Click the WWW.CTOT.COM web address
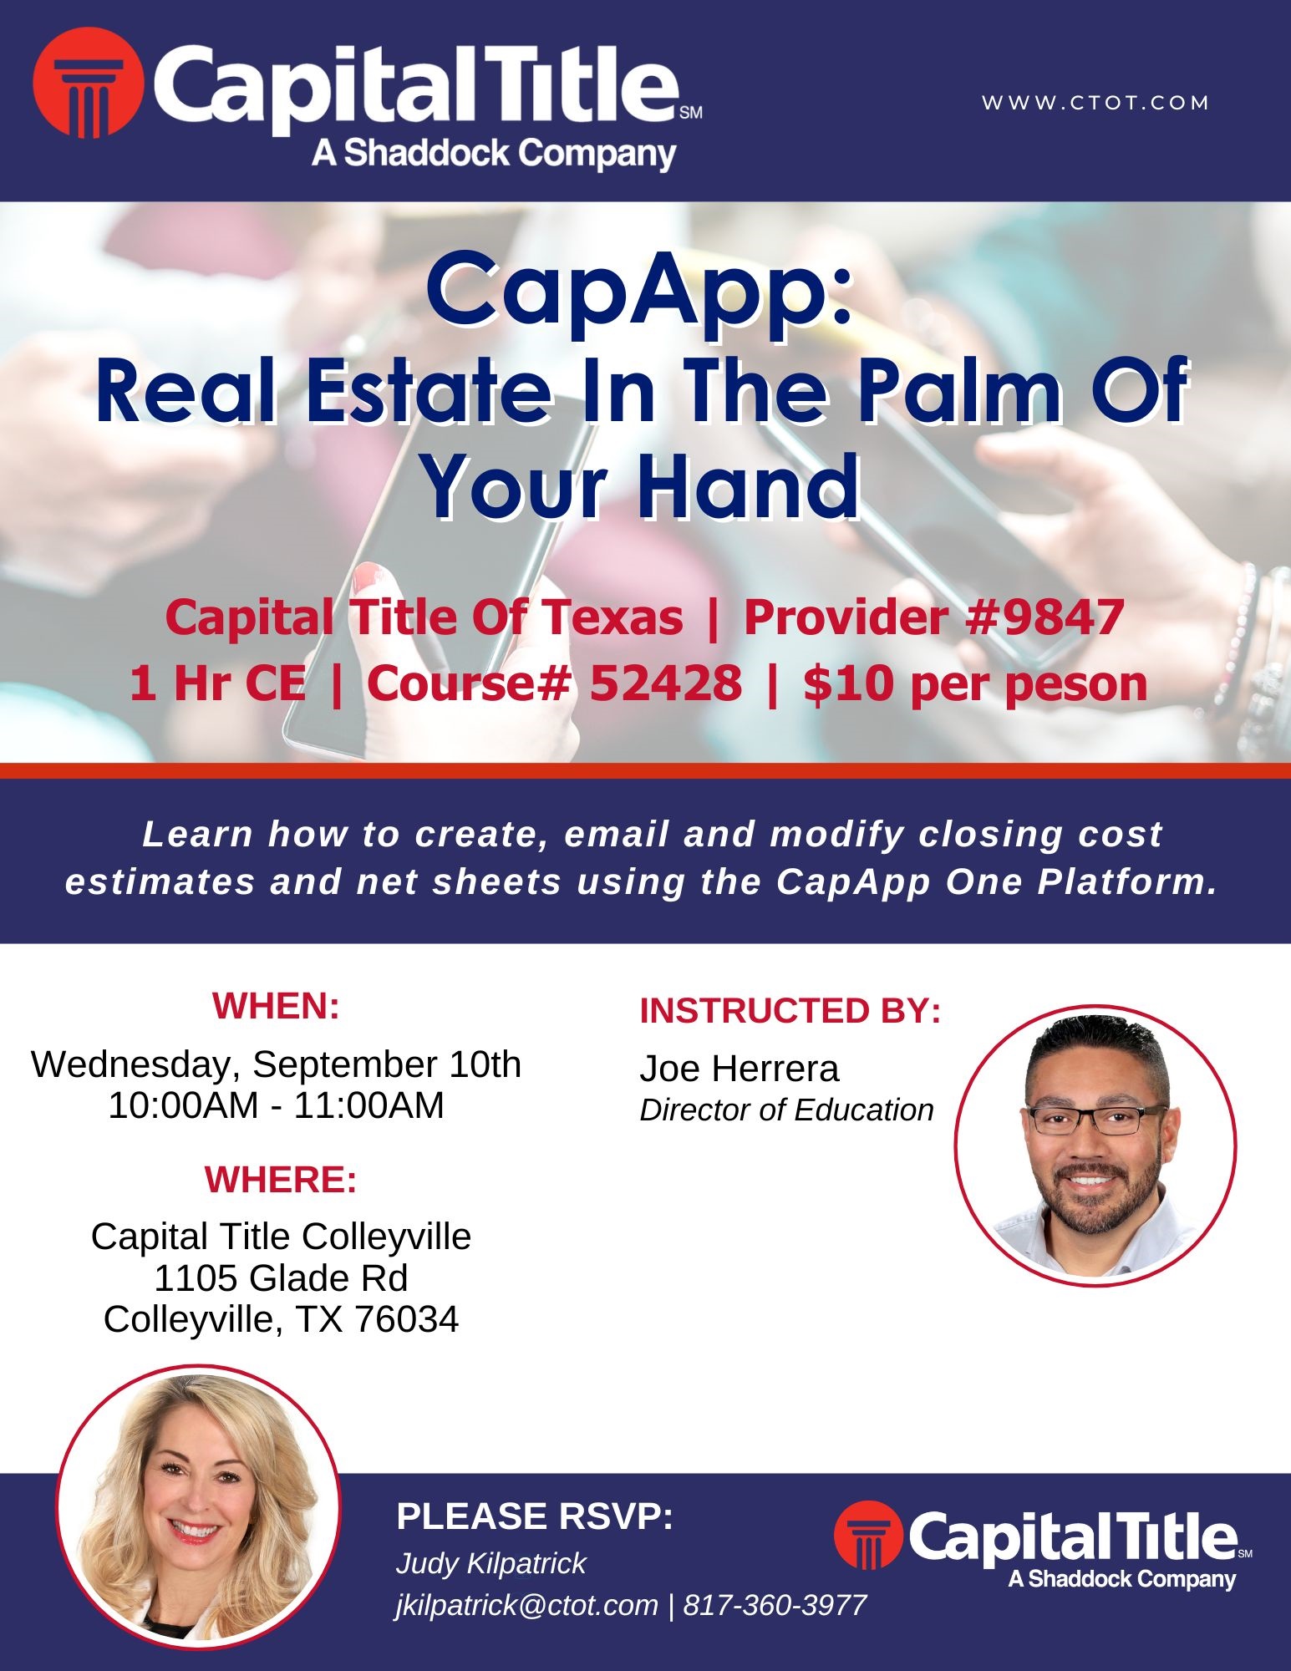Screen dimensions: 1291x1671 [1095, 103]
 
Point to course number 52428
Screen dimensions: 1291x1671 [666, 683]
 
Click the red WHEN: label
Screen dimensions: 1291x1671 [277, 1006]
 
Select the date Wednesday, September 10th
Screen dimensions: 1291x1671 [277, 1064]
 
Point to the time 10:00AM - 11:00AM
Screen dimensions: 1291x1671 [277, 1105]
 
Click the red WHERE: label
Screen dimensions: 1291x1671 [281, 1180]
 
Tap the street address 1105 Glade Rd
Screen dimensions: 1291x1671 [281, 1278]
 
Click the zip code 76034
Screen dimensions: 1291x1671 [407, 1320]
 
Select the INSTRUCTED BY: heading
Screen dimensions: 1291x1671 [790, 1011]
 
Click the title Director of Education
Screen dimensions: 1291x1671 [786, 1110]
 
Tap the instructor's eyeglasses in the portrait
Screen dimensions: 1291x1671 [1097, 1120]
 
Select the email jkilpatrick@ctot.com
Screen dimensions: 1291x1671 [527, 1606]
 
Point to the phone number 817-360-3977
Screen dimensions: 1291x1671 [775, 1605]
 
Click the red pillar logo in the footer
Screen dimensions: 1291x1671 [869, 1536]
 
